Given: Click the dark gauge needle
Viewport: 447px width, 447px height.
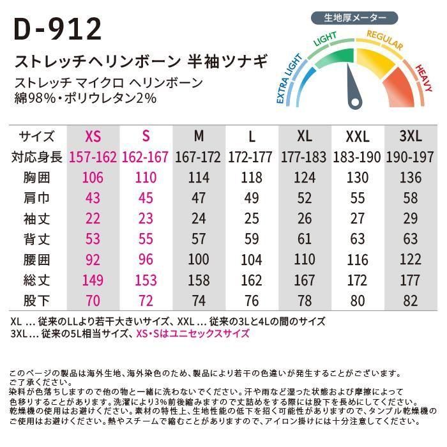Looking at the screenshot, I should [x=352, y=89].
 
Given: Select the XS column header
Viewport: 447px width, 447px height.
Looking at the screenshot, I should [x=93, y=137].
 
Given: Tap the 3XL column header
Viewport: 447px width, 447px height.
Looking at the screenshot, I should [x=410, y=137].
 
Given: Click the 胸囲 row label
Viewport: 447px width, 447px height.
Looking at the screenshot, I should [x=37, y=177].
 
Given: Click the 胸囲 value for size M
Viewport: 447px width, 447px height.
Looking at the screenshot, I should [x=199, y=177].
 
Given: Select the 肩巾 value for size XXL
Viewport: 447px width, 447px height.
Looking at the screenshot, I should [x=358, y=197].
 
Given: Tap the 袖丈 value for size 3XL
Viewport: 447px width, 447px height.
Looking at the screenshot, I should [x=410, y=218].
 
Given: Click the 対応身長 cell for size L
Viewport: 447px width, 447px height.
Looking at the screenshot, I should [x=252, y=156].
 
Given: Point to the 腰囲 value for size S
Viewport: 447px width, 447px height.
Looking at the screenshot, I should [x=146, y=259].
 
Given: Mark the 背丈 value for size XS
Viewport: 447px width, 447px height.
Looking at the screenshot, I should [x=93, y=238].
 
